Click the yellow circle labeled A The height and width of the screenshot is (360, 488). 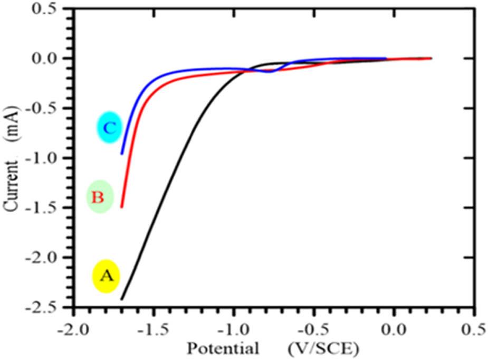(106, 276)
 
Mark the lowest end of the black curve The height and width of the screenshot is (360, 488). (121, 299)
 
